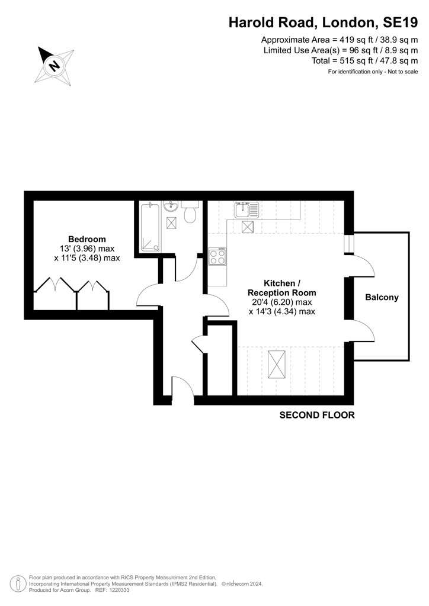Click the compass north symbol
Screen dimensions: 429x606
(x=54, y=65)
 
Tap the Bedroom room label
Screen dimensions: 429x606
(x=87, y=239)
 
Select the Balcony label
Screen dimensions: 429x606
(x=382, y=298)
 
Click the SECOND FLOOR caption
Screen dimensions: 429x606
(x=317, y=415)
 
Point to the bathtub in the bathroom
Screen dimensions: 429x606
(x=150, y=227)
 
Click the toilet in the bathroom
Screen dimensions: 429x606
(x=190, y=212)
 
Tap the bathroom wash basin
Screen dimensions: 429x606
(x=171, y=207)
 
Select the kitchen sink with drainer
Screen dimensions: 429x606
(x=246, y=210)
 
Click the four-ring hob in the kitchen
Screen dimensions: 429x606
(x=217, y=257)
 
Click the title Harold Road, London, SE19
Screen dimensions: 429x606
(x=323, y=22)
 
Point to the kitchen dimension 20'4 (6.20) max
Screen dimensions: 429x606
(x=281, y=302)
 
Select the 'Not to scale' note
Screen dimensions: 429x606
(x=403, y=72)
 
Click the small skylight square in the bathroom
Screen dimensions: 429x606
(x=171, y=223)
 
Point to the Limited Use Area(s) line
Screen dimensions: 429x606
(x=340, y=50)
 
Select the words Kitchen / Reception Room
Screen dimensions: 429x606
(x=281, y=288)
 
